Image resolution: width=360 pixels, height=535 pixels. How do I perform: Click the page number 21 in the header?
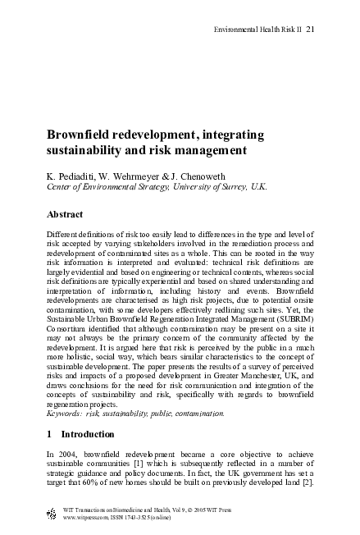[x=310, y=30]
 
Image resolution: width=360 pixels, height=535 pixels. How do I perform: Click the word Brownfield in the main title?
[x=80, y=135]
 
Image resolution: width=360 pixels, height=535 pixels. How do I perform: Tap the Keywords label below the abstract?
[x=66, y=414]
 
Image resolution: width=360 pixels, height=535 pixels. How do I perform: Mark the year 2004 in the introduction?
[x=66, y=454]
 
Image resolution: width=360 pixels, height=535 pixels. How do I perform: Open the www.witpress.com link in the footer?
[x=86, y=518]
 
